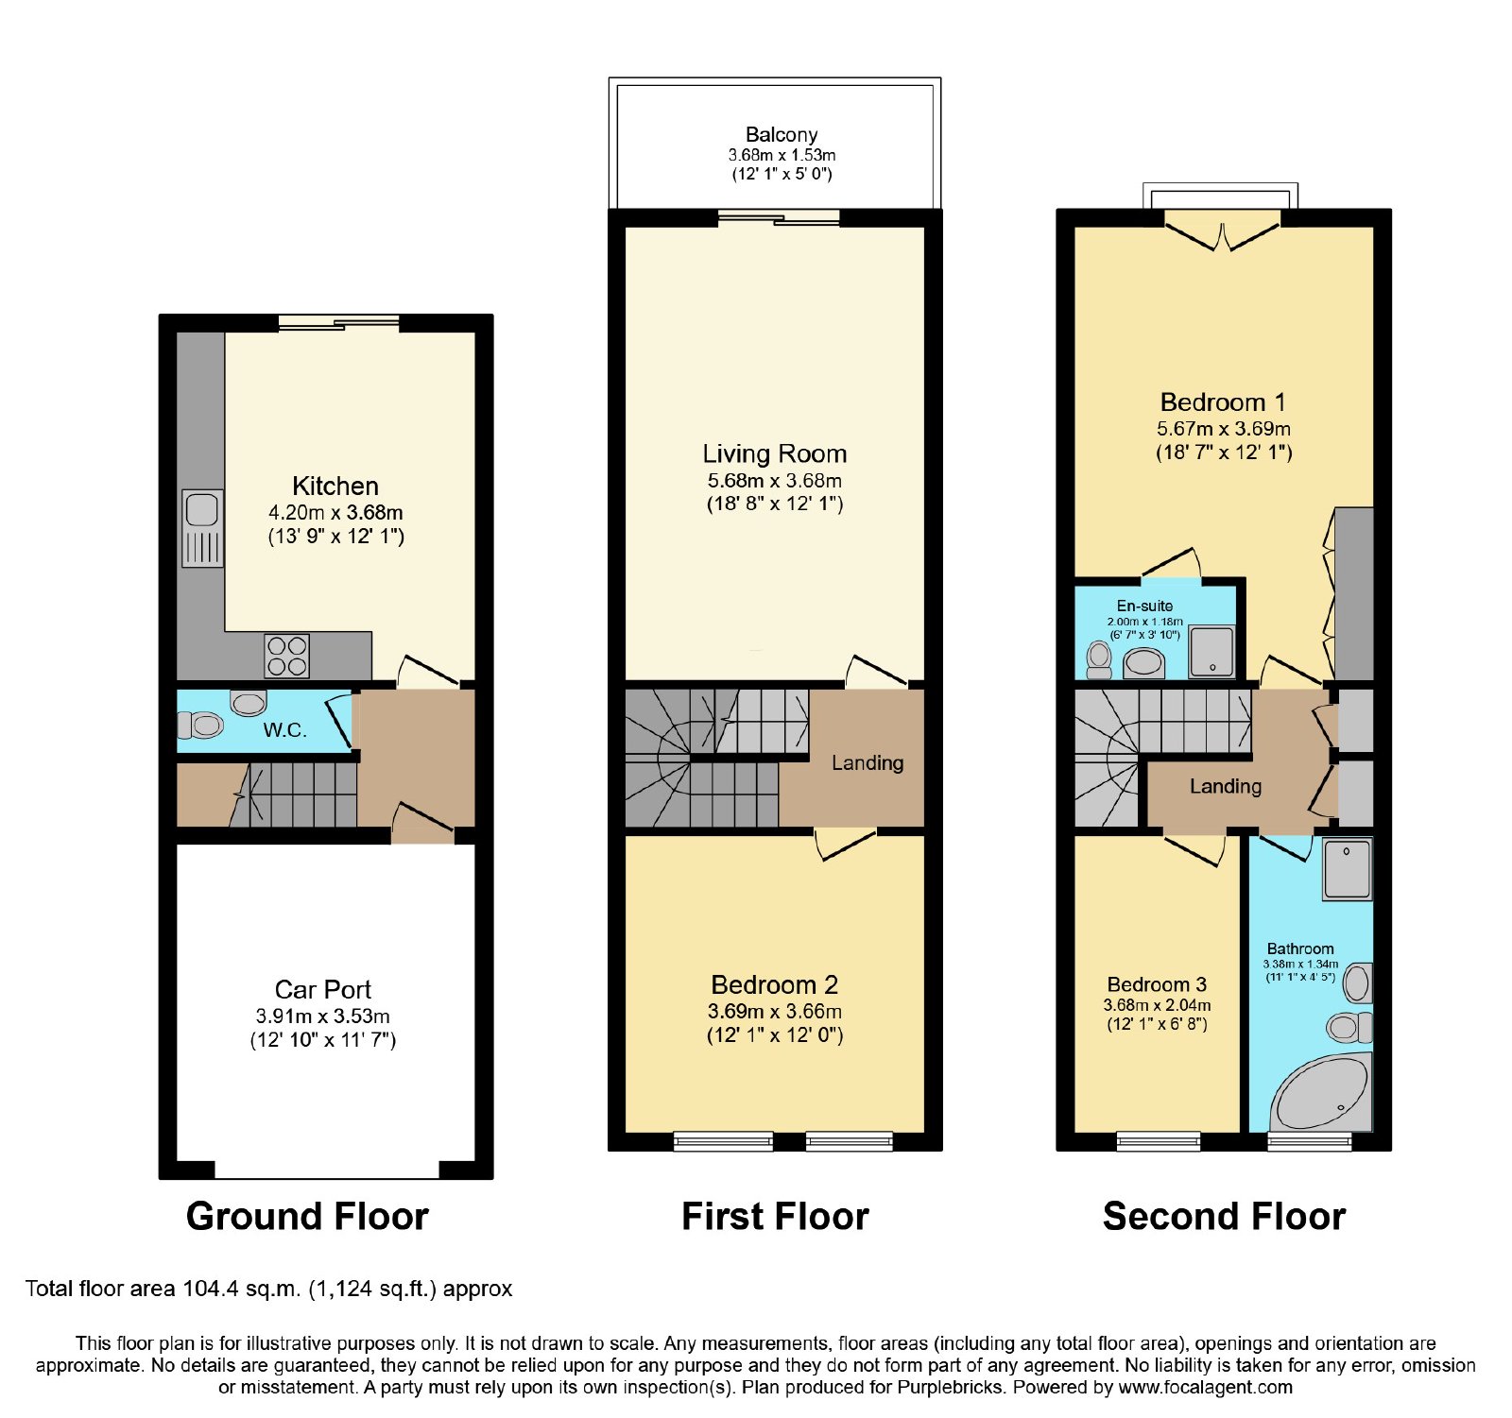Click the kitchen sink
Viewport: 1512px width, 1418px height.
coord(202,529)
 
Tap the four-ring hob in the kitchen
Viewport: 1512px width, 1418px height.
coord(287,656)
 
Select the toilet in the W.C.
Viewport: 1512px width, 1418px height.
coord(199,725)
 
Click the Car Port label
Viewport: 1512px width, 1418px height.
coord(323,989)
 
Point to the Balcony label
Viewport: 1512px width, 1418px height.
coord(782,134)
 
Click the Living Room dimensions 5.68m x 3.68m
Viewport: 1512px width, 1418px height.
coord(775,480)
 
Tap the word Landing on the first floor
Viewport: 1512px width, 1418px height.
coord(868,762)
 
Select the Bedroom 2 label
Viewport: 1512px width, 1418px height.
coord(775,984)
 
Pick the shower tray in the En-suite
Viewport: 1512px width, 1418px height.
coord(1211,651)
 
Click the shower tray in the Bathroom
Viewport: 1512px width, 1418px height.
coord(1347,869)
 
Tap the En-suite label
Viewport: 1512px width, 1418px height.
coord(1144,606)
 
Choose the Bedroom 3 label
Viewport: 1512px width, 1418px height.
coord(1157,984)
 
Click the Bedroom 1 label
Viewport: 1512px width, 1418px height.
coord(1223,402)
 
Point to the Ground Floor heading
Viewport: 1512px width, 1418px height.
coord(307,1216)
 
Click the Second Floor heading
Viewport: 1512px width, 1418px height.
coord(1224,1216)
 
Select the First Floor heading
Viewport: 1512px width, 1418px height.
coord(775,1216)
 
